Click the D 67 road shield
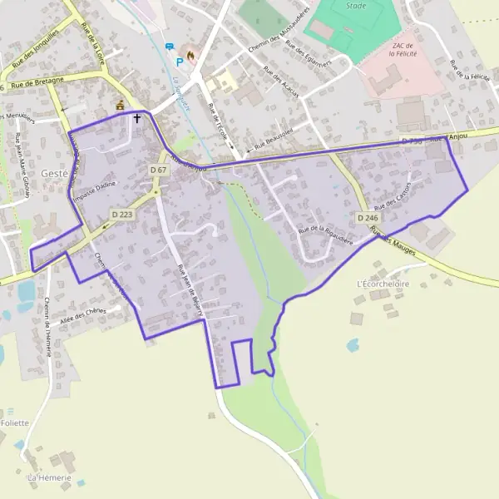pyautogui.click(x=159, y=170)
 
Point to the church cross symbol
pyautogui.click(x=137, y=118)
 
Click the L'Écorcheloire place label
pyautogui.click(x=383, y=284)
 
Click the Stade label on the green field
pyautogui.click(x=354, y=5)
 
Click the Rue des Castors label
pyautogui.click(x=393, y=196)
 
